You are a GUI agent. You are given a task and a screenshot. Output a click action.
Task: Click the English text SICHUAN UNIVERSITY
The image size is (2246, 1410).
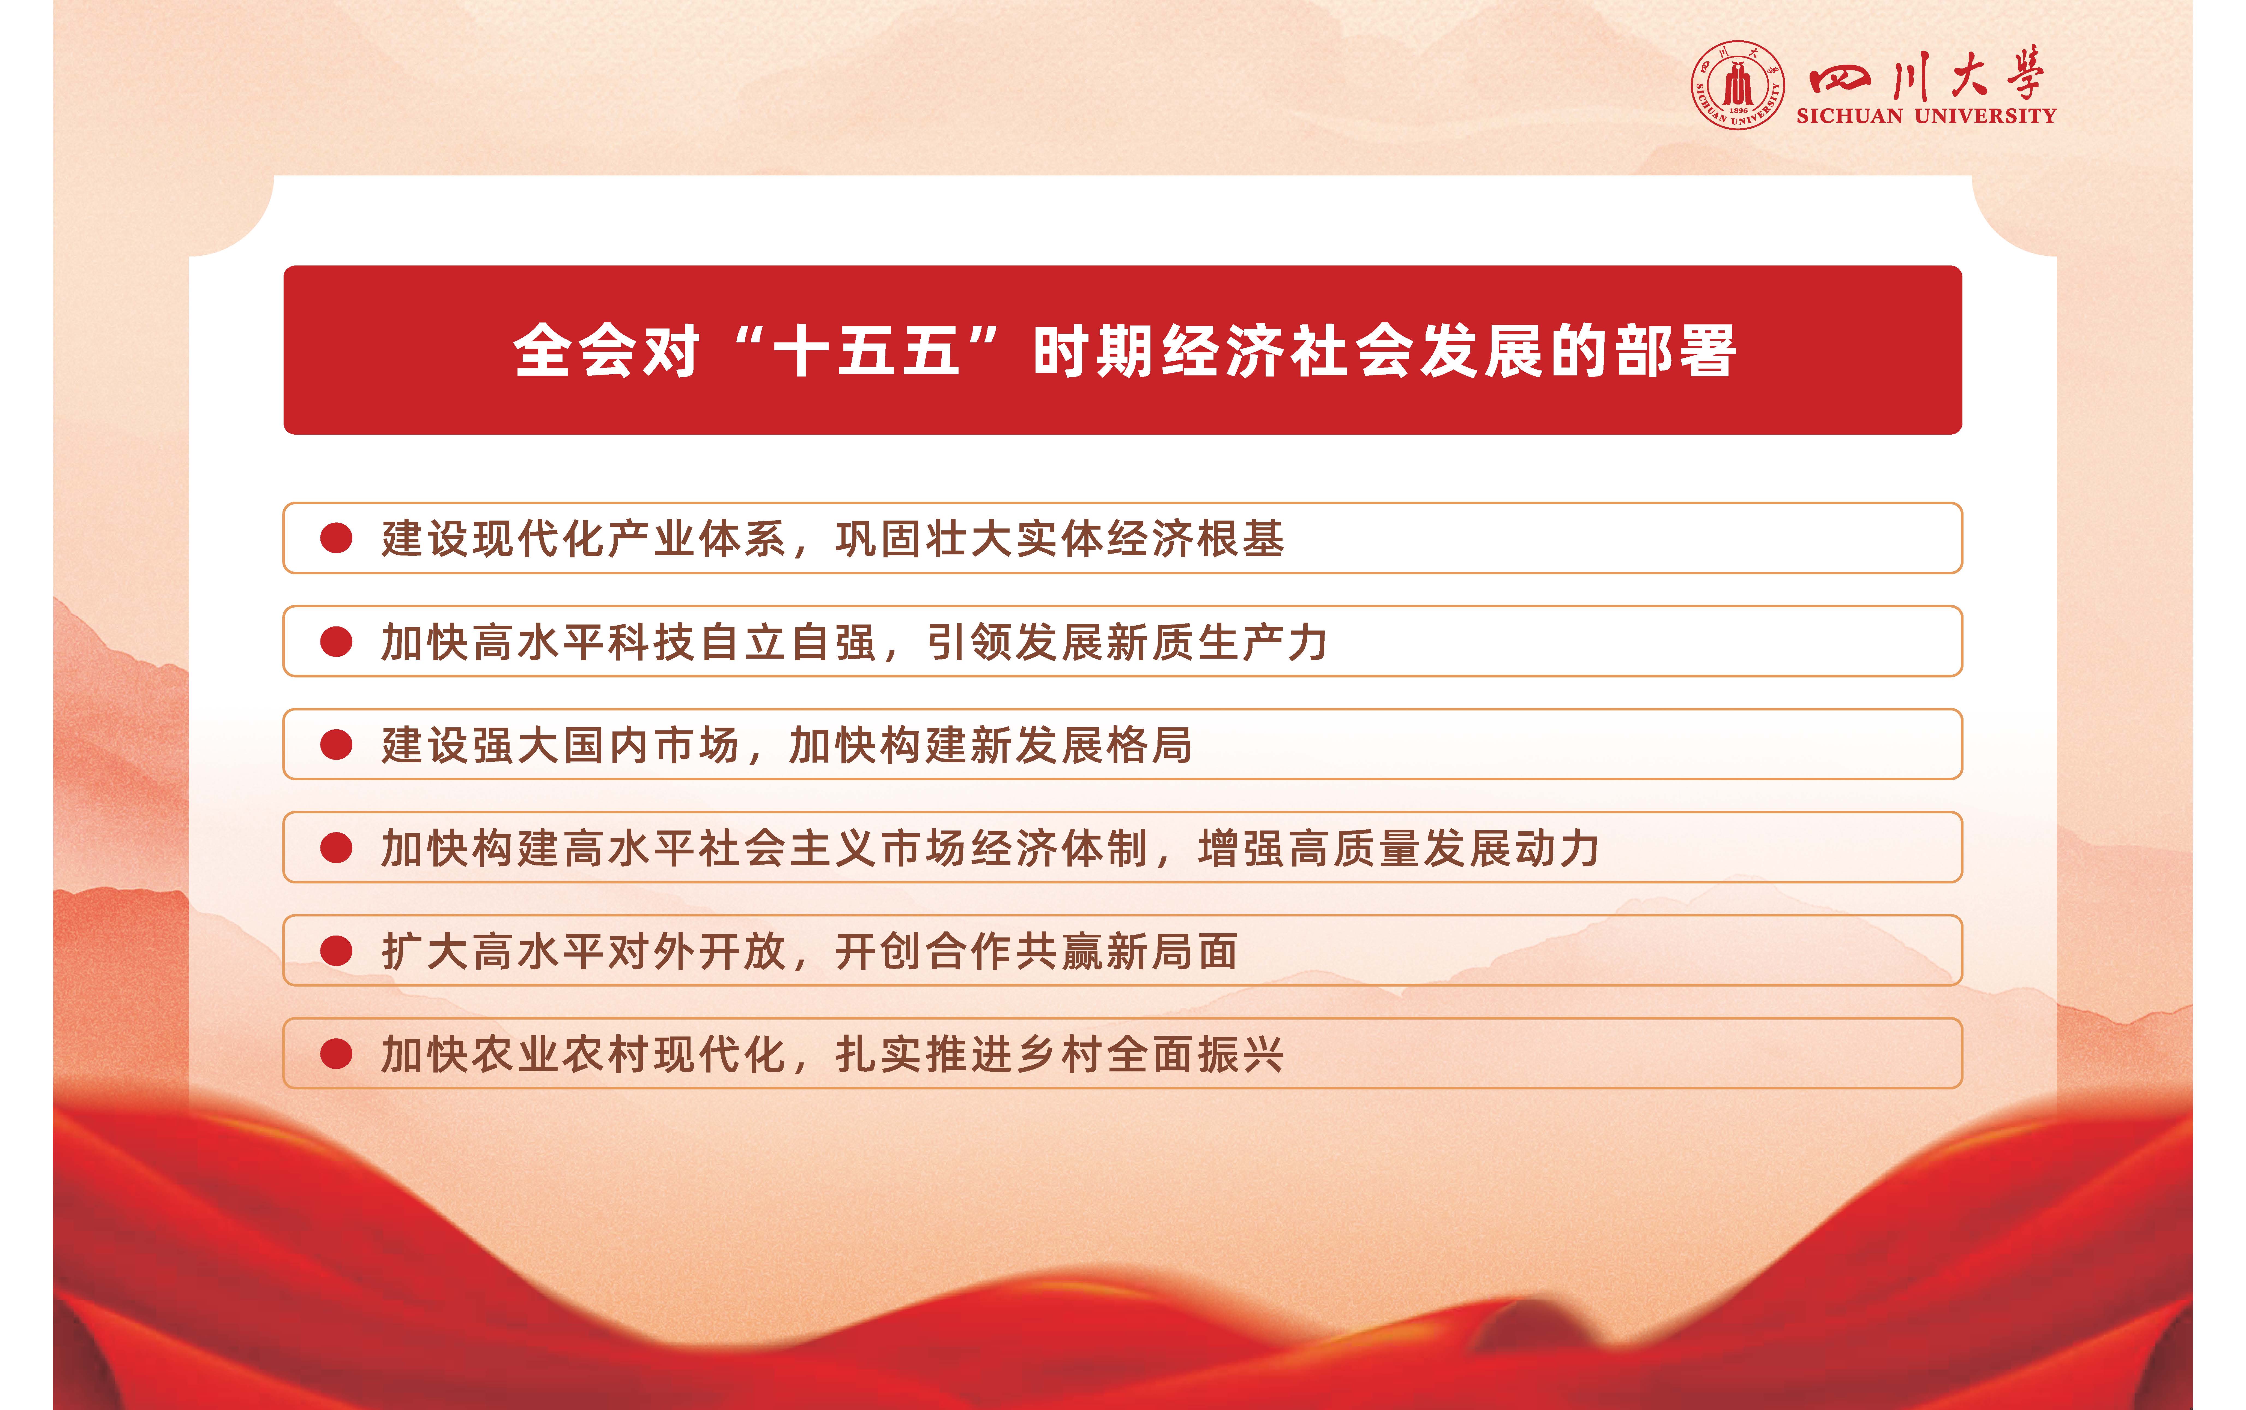pyautogui.click(x=1926, y=116)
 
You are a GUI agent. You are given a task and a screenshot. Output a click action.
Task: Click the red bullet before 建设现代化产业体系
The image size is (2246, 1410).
pyautogui.click(x=336, y=538)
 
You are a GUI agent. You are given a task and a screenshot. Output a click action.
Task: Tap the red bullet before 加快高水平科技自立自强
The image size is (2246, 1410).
pyautogui.click(x=336, y=642)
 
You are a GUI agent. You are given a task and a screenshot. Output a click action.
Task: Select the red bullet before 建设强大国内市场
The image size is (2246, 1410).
pyautogui.click(x=336, y=744)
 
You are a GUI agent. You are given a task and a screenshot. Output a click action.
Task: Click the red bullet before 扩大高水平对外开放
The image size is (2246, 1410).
pyautogui.click(x=336, y=951)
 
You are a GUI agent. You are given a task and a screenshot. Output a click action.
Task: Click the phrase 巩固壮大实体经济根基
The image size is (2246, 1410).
pyautogui.click(x=1060, y=538)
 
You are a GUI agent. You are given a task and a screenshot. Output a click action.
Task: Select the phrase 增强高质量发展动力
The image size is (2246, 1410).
pyautogui.click(x=1399, y=848)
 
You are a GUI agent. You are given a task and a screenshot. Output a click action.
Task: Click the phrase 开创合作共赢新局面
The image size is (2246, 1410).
pyautogui.click(x=1036, y=951)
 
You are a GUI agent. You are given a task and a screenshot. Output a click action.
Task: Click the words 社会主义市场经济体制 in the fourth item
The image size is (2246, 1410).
pyautogui.click(x=923, y=848)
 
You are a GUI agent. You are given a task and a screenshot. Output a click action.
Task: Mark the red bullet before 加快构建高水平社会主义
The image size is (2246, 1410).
pyautogui.click(x=336, y=848)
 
